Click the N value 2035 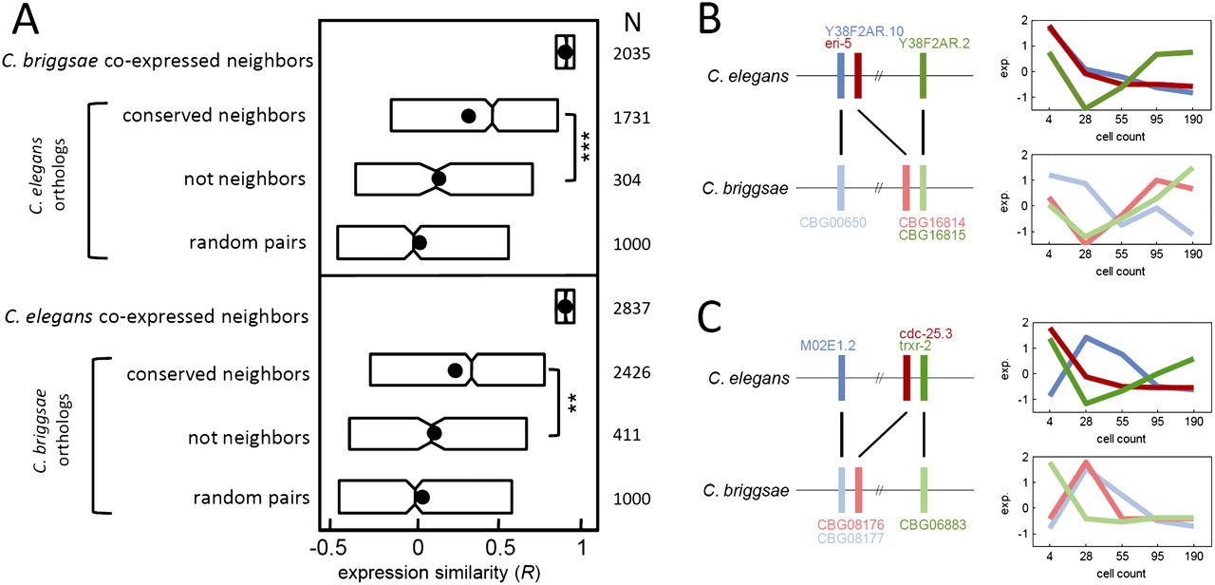(631, 54)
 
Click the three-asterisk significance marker (587, 147)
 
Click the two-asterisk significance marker (572, 404)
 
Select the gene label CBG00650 (841, 221)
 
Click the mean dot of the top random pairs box (420, 243)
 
